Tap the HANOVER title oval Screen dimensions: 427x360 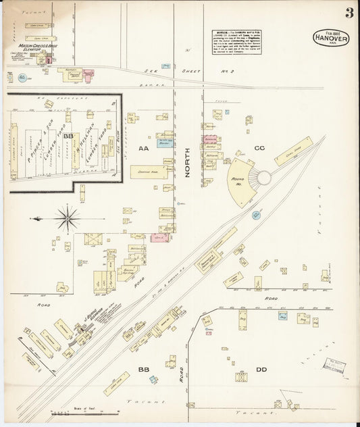click(331, 39)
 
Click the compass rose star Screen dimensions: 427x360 click(67, 218)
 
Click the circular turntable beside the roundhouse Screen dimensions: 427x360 click(263, 178)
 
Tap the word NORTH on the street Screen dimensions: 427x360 click(187, 163)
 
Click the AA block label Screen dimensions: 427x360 click(143, 147)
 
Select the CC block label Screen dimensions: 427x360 click(259, 147)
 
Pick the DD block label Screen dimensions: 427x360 click(261, 369)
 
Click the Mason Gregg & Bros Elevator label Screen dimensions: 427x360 click(30, 47)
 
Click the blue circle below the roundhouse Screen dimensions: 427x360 click(256, 215)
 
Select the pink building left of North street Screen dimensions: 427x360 click(159, 238)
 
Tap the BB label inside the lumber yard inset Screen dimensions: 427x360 click(68, 136)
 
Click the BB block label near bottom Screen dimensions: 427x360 click(143, 370)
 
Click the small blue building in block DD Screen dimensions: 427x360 click(282, 315)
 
